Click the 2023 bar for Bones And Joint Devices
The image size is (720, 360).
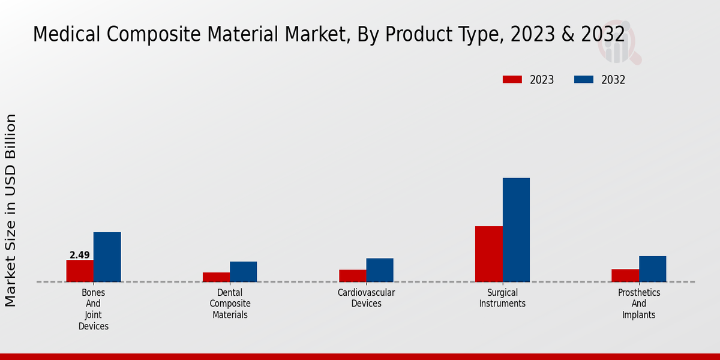pos(80,271)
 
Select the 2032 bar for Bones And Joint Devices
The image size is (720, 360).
pos(107,257)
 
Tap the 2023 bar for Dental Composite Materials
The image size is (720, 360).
pos(216,277)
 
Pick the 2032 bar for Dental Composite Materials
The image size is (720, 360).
pos(243,272)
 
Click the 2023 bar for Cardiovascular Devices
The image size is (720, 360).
pos(352,276)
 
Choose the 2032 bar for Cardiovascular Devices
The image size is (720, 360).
pos(380,270)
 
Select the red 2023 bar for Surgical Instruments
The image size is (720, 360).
pos(488,254)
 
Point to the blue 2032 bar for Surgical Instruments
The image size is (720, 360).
pos(516,230)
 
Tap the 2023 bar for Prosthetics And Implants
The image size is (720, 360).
pos(625,275)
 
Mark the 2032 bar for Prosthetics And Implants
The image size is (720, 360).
pos(652,269)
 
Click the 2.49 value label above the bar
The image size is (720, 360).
pos(80,255)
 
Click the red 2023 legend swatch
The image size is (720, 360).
pos(512,80)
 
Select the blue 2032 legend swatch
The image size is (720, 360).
pos(584,80)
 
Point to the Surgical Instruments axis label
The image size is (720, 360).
pos(502,298)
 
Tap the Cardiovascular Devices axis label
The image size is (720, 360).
pos(366,298)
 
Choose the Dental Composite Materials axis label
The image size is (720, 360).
pos(230,304)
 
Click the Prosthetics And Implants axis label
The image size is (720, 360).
pos(639,304)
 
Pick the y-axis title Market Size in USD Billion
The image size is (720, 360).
pos(11,210)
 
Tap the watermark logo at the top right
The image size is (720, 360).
pos(618,45)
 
